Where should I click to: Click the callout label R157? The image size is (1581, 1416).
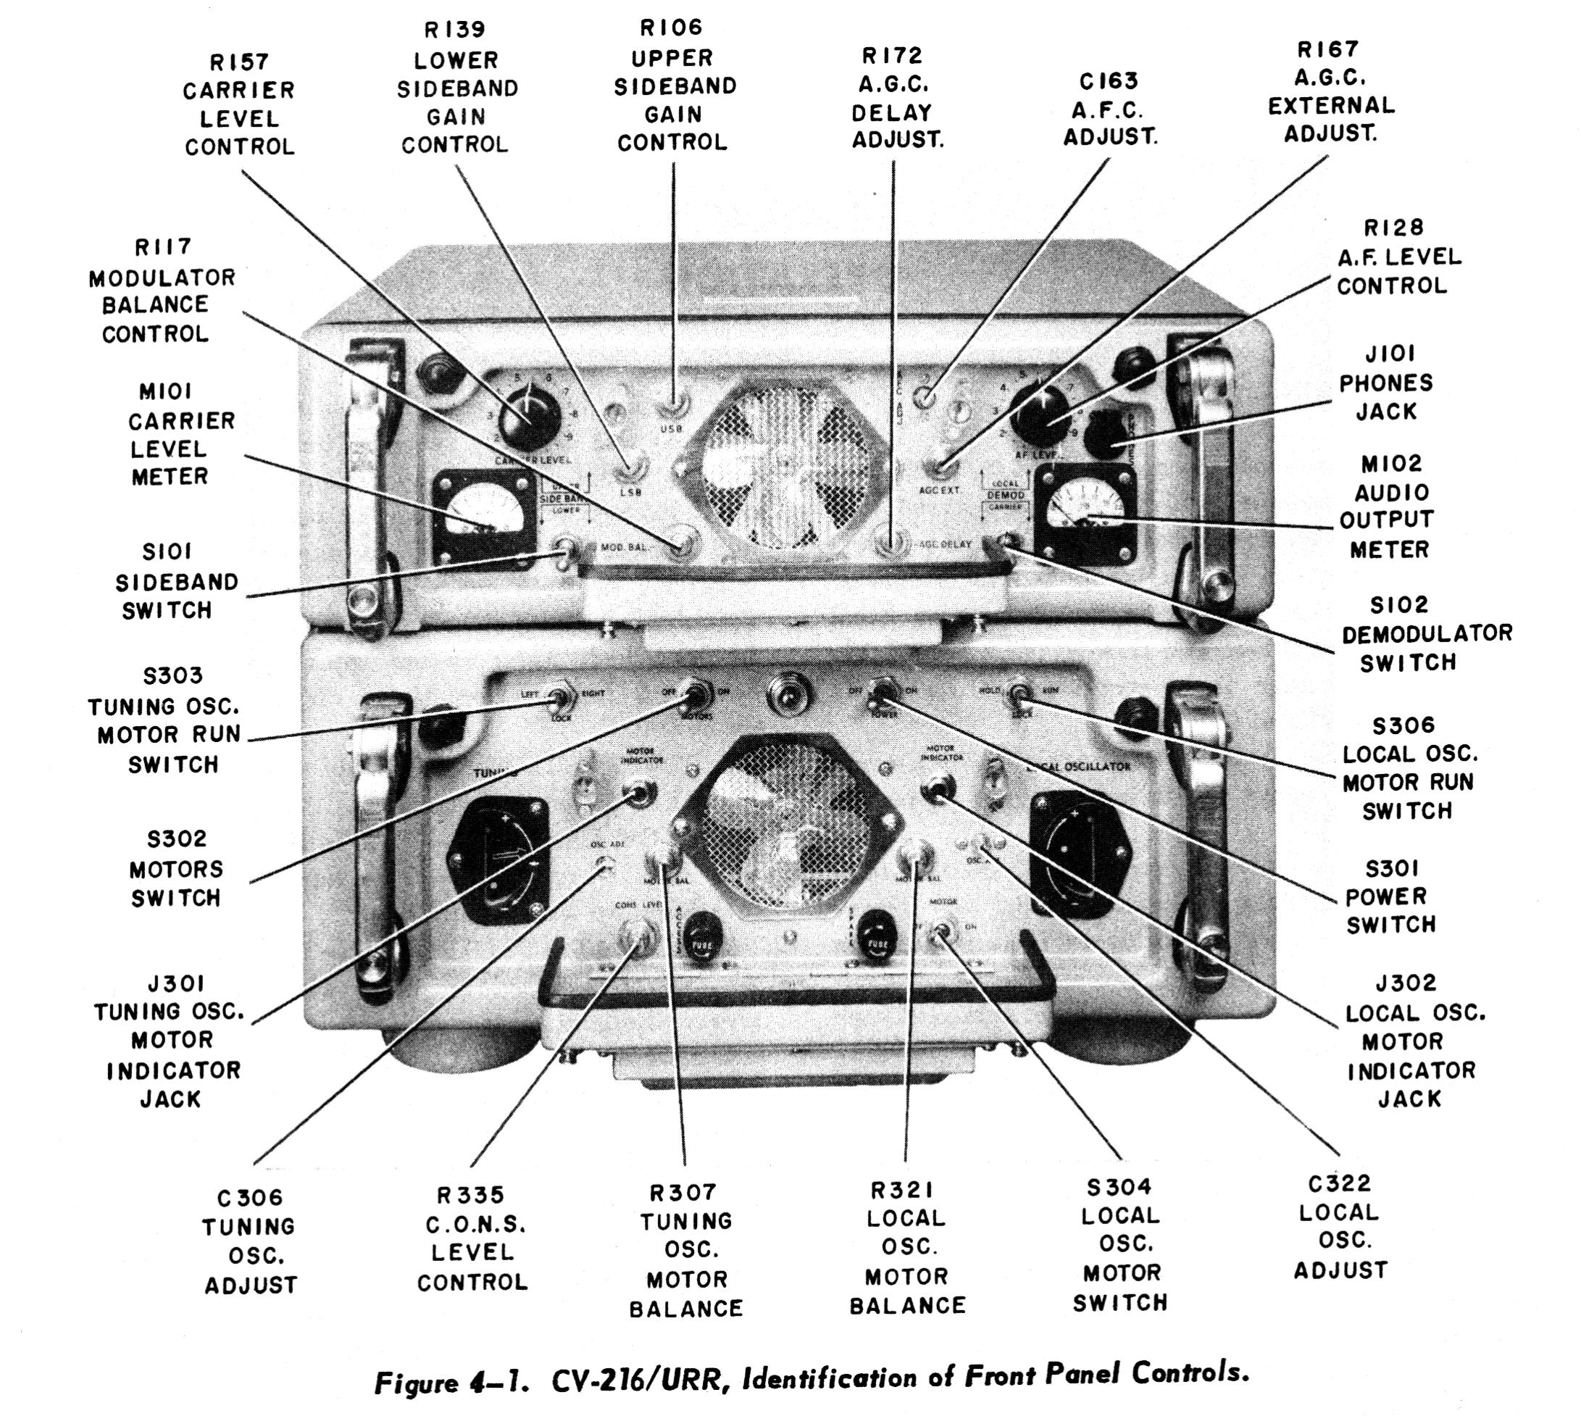tap(240, 62)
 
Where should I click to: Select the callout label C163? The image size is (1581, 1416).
tap(1109, 81)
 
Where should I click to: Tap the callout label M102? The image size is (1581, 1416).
tap(1392, 464)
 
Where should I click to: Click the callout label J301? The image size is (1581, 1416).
tap(177, 984)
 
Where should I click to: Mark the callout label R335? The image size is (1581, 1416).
tap(472, 1194)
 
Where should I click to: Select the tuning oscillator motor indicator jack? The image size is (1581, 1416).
tap(641, 794)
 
